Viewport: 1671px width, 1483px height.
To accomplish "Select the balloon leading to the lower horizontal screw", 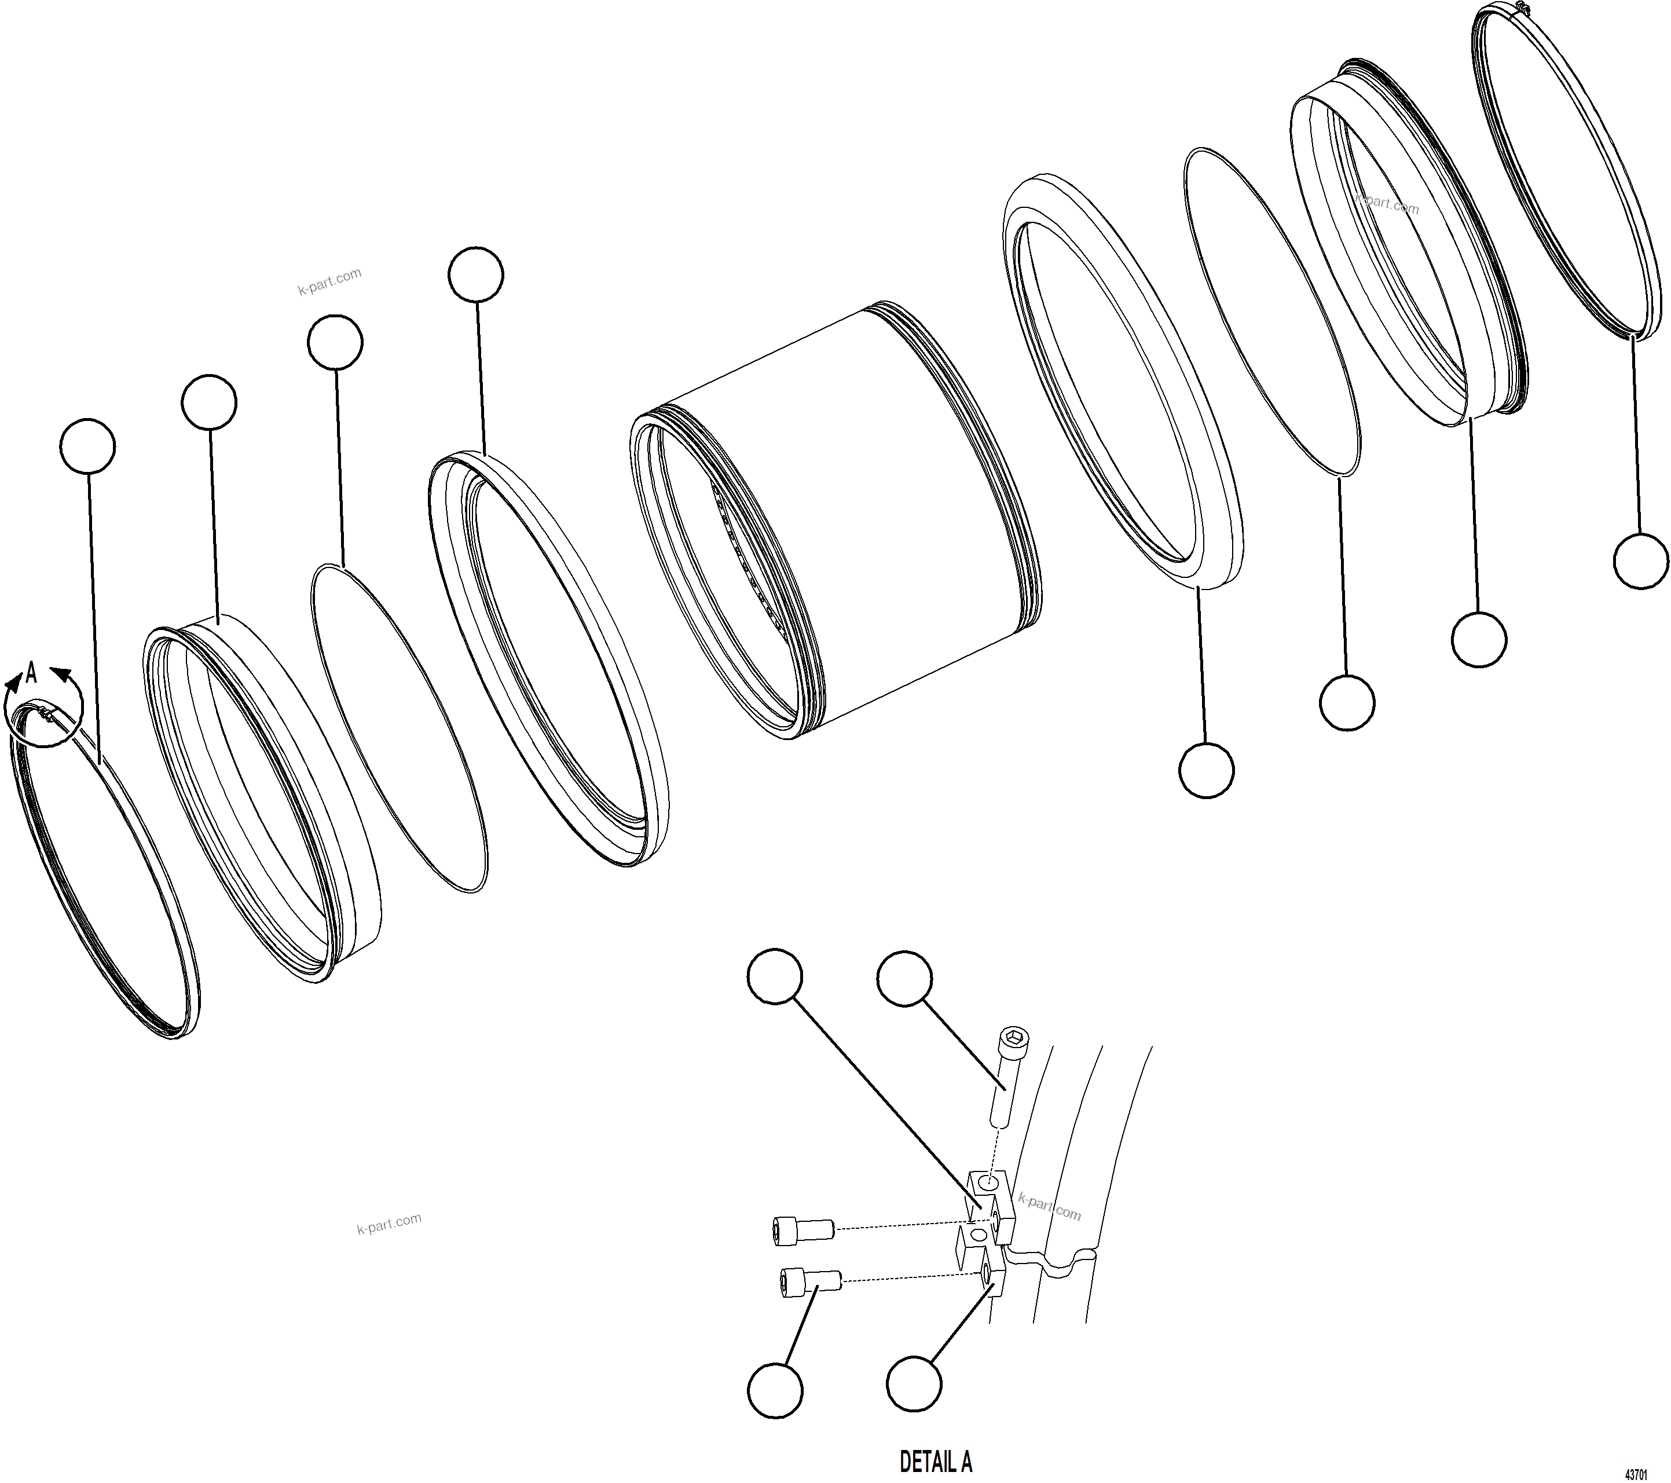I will [x=775, y=1390].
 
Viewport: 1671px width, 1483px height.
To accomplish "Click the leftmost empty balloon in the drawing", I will [x=87, y=446].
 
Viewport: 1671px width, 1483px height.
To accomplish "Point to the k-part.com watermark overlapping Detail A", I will [x=1050, y=1207].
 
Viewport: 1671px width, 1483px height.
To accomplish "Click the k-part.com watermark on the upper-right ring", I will [x=1387, y=204].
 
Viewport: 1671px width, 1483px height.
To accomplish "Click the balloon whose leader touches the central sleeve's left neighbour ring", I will [x=476, y=274].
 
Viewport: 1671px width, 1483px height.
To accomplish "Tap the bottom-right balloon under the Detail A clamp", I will [x=914, y=1384].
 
